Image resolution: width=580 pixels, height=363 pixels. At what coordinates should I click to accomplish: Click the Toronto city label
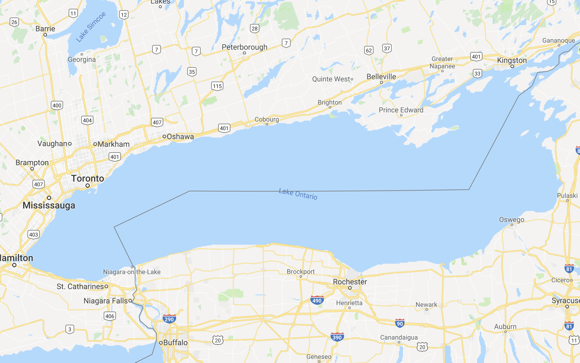tap(88, 179)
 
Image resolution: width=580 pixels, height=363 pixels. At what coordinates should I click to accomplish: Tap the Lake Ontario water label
tap(298, 194)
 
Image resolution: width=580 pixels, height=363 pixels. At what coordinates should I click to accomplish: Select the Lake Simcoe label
tap(91, 27)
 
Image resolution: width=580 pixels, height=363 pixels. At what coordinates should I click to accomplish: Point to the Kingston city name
tap(512, 61)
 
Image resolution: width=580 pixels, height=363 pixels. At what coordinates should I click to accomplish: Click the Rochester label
tap(350, 282)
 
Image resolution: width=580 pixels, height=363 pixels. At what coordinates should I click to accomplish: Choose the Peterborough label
tap(244, 47)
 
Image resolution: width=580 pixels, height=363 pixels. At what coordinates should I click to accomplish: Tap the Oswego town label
tap(512, 220)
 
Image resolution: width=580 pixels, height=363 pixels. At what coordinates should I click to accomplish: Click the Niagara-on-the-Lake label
tap(132, 272)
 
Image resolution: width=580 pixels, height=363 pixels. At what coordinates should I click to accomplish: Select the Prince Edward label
tap(401, 110)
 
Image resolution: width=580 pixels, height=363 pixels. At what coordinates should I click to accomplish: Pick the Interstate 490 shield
tap(317, 300)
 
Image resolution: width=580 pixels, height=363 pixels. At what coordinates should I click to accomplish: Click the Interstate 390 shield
tap(337, 337)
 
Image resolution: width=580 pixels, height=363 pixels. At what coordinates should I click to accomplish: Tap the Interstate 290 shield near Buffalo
tap(169, 319)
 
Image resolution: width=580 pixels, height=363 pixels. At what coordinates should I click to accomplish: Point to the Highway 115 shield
tap(217, 86)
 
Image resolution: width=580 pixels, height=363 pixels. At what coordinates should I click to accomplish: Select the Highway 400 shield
tap(57, 106)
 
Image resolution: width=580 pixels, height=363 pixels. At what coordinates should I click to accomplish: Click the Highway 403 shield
tap(34, 234)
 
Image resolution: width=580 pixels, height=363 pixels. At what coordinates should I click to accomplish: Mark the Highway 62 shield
tap(369, 51)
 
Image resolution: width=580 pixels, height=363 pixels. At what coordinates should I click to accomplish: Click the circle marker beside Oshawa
tap(164, 136)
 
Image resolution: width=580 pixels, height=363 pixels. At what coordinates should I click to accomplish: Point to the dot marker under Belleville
tap(381, 83)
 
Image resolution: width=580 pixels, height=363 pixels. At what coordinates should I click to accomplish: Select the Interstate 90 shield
tap(400, 324)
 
